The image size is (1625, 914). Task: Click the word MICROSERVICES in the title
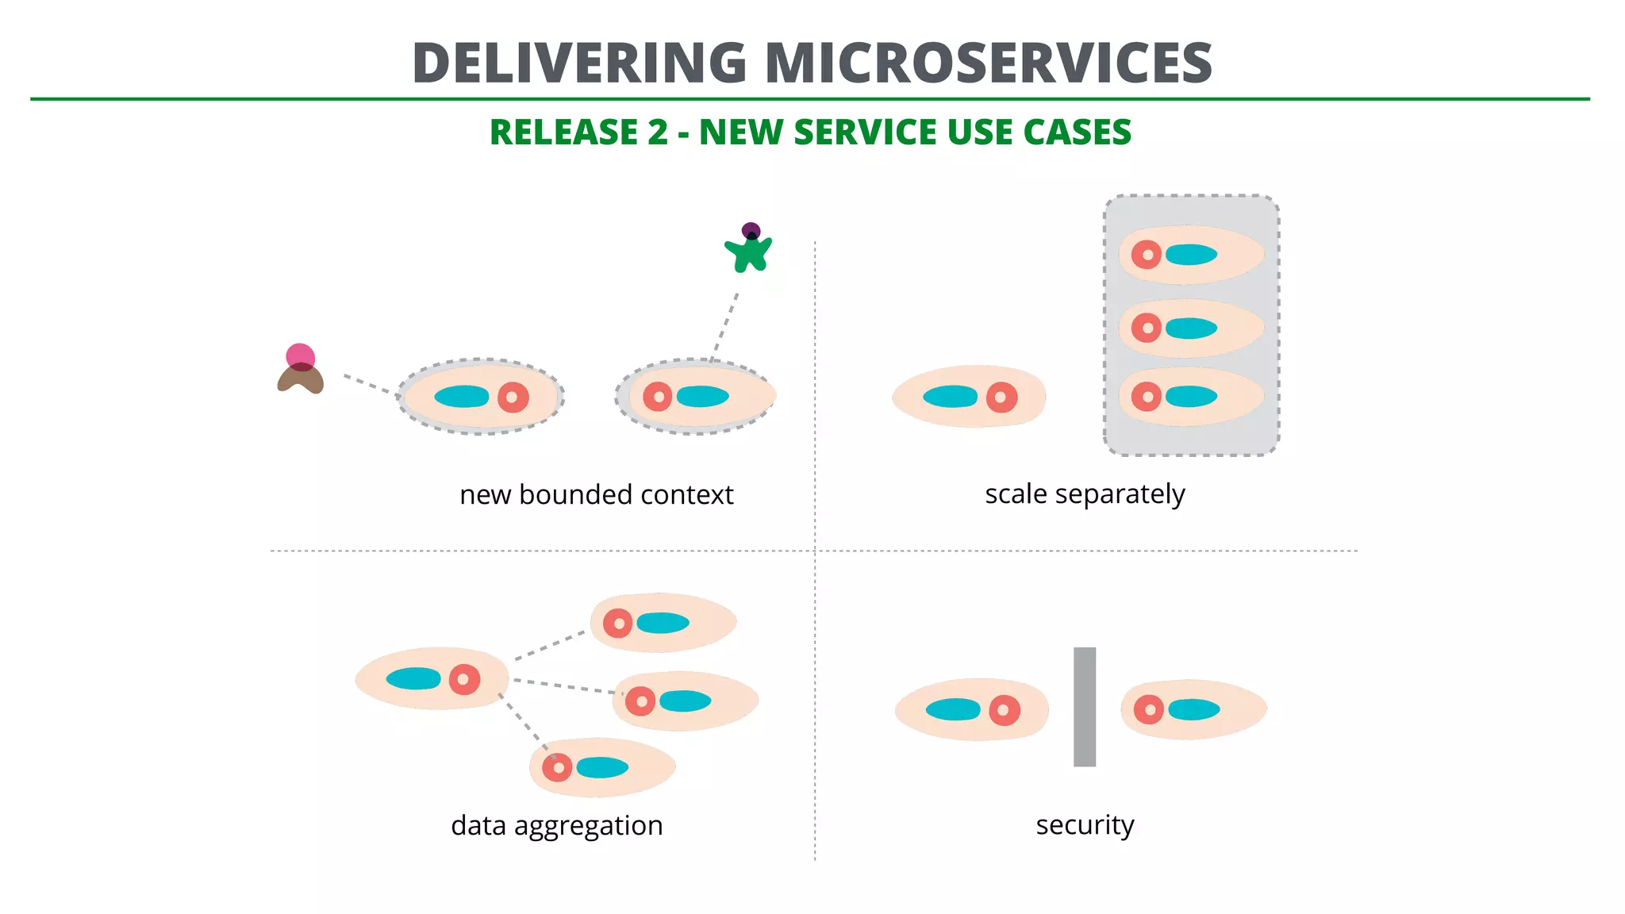[x=988, y=63]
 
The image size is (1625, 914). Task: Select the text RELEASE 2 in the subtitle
[x=578, y=132]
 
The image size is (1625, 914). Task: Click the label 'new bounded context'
[x=596, y=494]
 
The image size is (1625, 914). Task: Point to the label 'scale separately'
[x=1084, y=493]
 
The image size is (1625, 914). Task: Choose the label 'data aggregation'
[x=556, y=825]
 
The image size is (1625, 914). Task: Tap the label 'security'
[x=1084, y=824]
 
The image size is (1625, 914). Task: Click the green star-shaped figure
[x=748, y=252]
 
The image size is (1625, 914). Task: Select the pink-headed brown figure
[x=300, y=371]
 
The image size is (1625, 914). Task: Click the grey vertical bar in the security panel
[x=1084, y=706]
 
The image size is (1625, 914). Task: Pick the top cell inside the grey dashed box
[x=1190, y=255]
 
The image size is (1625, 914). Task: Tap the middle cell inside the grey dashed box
[x=1190, y=328]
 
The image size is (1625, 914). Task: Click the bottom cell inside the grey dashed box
[x=1190, y=396]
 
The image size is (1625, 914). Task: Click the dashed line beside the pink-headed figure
[x=370, y=385]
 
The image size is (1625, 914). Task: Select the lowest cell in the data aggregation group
[x=601, y=767]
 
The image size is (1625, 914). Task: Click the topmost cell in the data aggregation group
[x=663, y=623]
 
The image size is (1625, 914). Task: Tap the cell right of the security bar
[x=1193, y=709]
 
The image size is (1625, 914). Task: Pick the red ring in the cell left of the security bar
[x=1004, y=710]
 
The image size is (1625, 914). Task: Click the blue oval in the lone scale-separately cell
[x=950, y=396]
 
